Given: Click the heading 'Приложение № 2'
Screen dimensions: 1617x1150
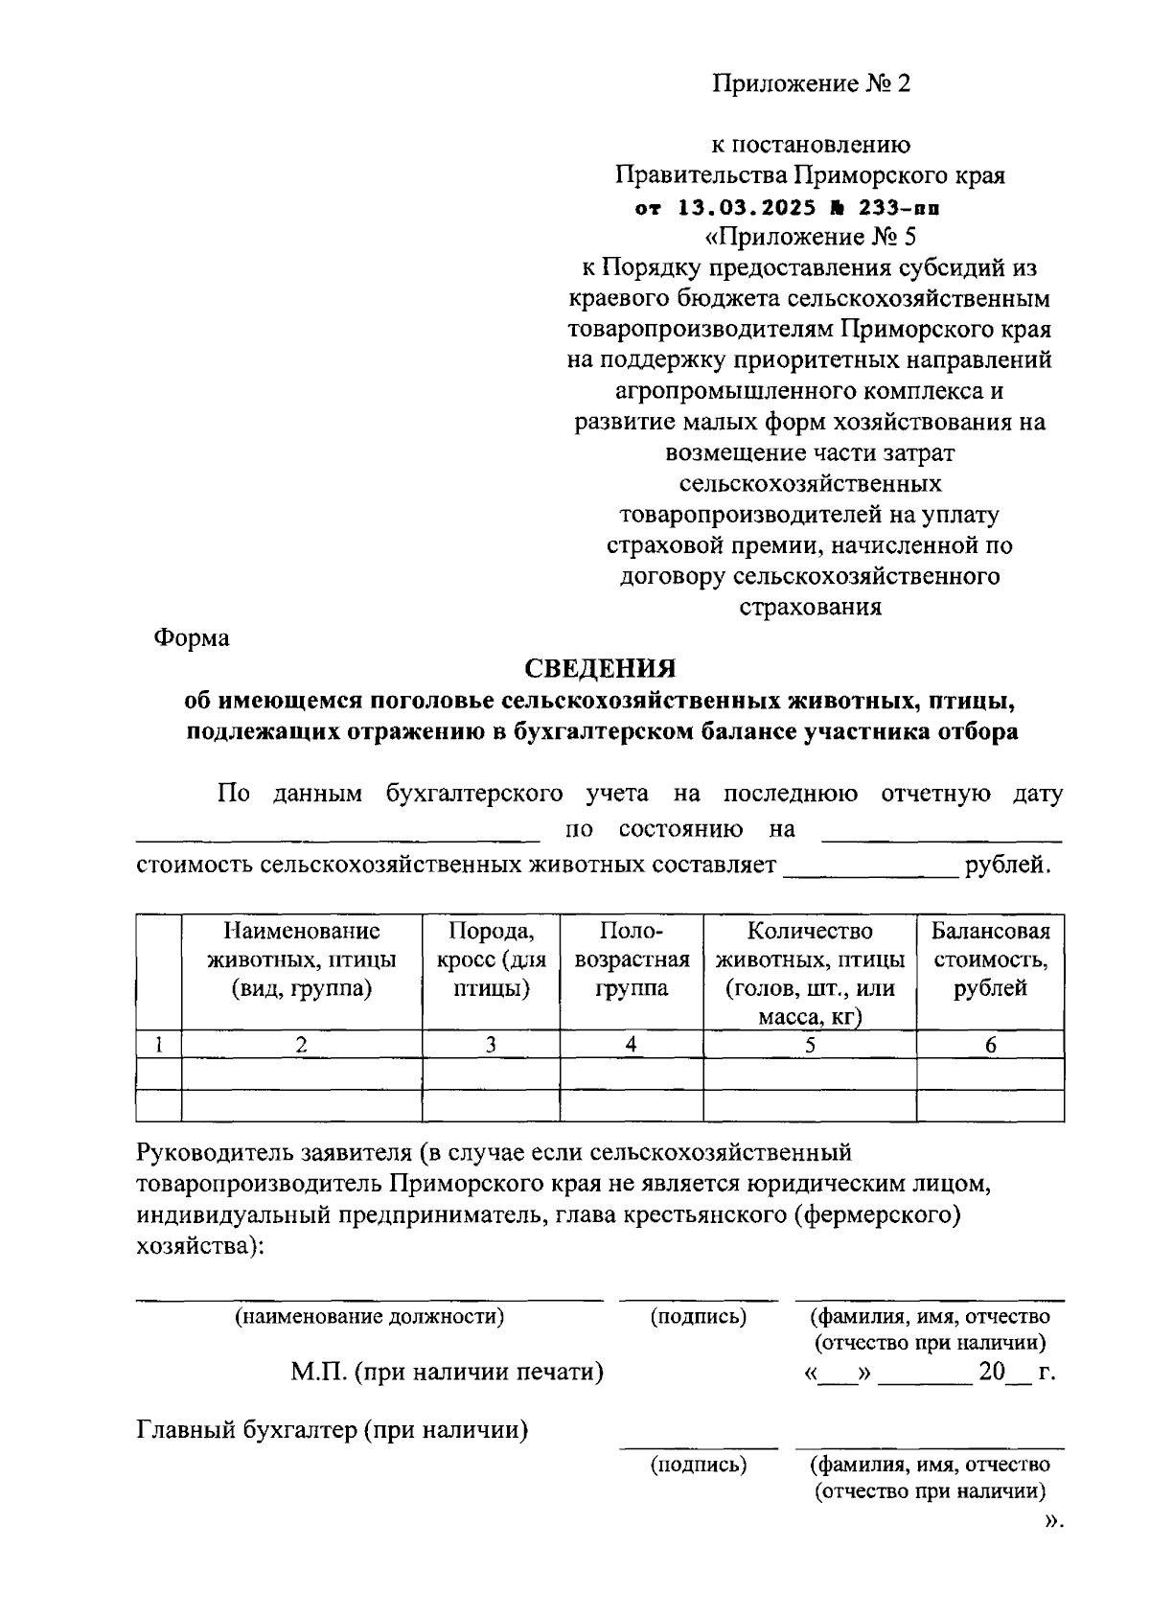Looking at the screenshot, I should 810,84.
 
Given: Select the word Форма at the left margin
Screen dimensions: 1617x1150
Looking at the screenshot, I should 193,637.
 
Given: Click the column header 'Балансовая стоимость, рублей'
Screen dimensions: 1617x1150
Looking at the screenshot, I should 990,959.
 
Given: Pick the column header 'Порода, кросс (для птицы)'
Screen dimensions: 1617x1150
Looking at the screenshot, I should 491,959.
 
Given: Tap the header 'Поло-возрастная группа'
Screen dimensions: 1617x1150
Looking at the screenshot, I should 631,959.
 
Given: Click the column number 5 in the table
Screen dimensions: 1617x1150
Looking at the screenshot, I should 810,1045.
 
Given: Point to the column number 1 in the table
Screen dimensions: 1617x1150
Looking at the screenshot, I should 159,1045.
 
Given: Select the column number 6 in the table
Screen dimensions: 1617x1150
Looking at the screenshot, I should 990,1045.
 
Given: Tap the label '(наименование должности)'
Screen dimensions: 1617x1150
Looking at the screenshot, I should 370,1316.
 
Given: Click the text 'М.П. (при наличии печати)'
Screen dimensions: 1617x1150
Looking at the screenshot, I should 448,1372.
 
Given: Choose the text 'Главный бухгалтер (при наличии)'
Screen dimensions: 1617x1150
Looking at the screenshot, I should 333,1430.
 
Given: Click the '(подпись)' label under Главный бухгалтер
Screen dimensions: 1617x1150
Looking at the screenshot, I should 699,1464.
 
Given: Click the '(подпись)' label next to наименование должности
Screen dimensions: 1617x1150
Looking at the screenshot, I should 699,1316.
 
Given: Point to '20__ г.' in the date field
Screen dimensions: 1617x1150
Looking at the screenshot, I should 1015,1372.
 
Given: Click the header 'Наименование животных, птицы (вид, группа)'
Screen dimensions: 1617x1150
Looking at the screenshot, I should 301,959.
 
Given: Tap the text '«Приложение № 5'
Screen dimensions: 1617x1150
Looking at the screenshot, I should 810,237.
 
